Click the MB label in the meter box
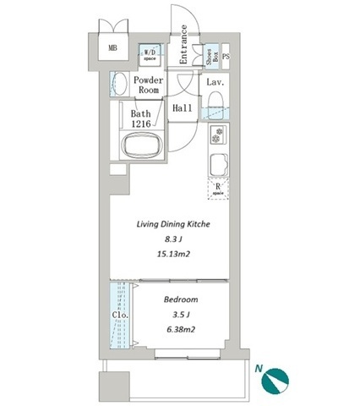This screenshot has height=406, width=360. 112,48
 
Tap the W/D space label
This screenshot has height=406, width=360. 150,54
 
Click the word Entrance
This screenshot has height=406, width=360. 183,45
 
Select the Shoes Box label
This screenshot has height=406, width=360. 212,57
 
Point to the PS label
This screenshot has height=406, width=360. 226,57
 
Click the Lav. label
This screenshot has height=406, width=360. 215,82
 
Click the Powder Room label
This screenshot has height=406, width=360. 149,85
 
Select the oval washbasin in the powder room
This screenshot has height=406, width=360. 119,84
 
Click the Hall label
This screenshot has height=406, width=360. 183,108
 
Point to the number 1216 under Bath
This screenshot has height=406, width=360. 141,123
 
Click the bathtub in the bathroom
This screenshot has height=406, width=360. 142,146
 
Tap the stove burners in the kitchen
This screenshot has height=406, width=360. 218,134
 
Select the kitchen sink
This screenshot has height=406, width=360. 218,165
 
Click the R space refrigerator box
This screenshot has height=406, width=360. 218,189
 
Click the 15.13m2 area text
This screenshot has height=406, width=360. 173,255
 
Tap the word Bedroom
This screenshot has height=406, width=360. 181,299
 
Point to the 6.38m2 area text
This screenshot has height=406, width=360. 181,329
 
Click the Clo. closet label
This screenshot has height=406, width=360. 120,315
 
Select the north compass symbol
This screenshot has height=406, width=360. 275,381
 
